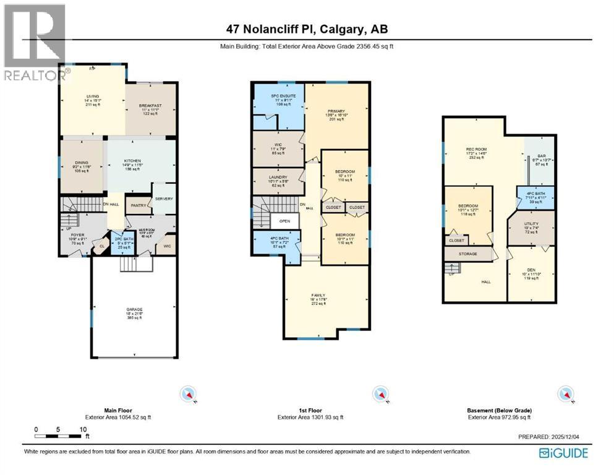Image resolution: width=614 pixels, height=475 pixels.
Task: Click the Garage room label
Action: pyautogui.click(x=135, y=309)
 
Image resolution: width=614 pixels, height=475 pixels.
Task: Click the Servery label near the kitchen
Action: pyautogui.click(x=164, y=199)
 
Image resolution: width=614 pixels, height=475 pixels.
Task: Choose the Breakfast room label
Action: pyautogui.click(x=151, y=106)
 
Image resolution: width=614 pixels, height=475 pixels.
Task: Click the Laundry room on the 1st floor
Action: pyautogui.click(x=278, y=177)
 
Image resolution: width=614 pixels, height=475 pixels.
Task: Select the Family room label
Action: pyautogui.click(x=318, y=296)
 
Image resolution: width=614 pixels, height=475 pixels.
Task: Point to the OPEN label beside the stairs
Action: pyautogui.click(x=284, y=221)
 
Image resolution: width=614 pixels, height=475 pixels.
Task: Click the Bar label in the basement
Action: pyautogui.click(x=542, y=156)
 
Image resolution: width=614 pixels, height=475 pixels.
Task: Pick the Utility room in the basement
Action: pyautogui.click(x=531, y=224)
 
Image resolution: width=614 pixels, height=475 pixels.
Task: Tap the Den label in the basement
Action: pyautogui.click(x=531, y=270)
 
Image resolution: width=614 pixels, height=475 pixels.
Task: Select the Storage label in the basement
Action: pyautogui.click(x=467, y=254)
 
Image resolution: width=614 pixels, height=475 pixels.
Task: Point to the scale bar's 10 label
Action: pyautogui.click(x=82, y=429)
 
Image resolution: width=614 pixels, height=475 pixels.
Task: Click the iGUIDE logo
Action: pyautogui.click(x=563, y=453)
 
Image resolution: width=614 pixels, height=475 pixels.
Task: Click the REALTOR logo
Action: pyautogui.click(x=35, y=43)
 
